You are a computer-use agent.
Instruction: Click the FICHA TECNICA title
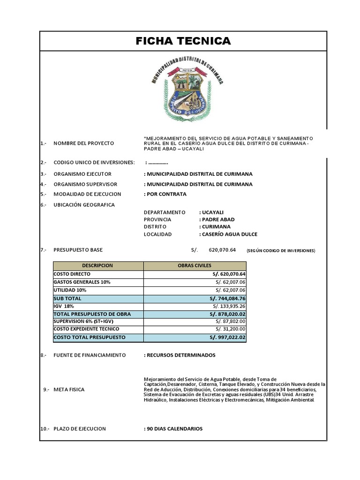(183, 41)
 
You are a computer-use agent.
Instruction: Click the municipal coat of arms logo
(187, 90)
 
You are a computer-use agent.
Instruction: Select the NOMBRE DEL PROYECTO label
(83, 143)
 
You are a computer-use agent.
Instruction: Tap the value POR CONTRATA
(165, 194)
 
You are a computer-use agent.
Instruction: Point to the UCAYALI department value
(211, 212)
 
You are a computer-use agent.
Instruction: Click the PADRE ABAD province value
(217, 219)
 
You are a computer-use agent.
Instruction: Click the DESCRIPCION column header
(97, 265)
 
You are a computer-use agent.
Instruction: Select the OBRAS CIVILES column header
(195, 265)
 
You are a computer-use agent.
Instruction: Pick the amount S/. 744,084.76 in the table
(227, 299)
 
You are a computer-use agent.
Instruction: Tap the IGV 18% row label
(64, 306)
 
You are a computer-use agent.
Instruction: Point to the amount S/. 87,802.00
(231, 322)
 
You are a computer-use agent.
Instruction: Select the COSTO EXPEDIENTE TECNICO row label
(86, 329)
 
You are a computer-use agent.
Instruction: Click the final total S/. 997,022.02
(227, 337)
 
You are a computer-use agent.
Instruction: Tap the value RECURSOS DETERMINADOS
(180, 355)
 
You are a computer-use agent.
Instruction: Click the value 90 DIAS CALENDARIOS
(173, 429)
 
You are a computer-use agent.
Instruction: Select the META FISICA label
(71, 390)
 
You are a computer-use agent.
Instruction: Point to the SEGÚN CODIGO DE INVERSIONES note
(281, 251)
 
